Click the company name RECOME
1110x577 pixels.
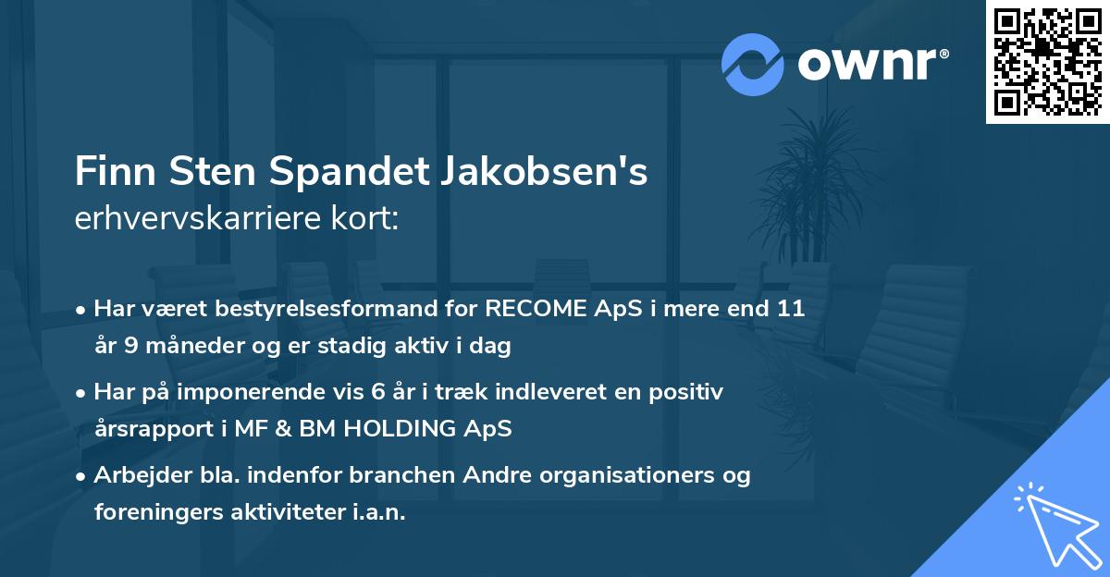[538, 310]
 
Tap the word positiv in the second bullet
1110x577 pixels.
[688, 392]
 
